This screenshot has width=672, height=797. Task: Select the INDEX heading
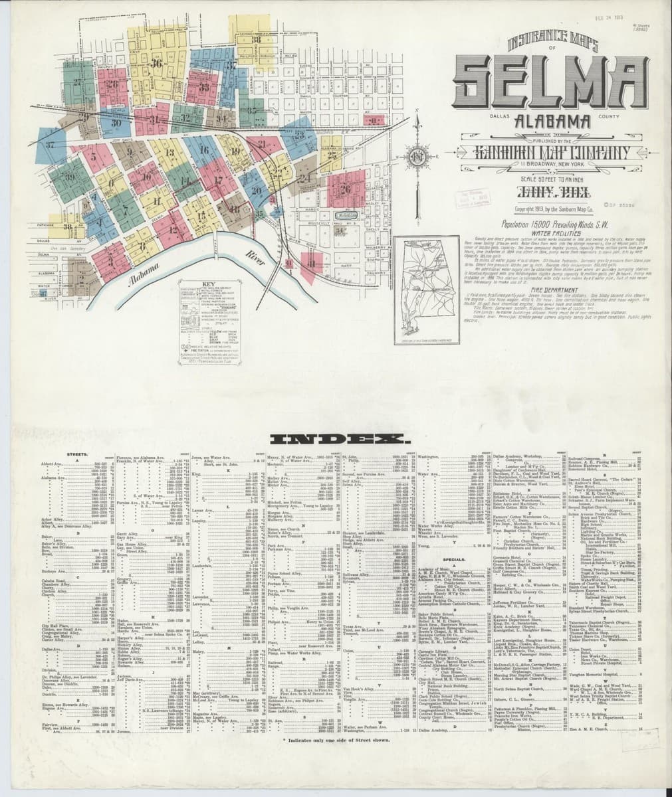336,440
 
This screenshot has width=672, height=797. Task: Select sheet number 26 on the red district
345,188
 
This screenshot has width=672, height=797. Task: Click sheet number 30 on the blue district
116,122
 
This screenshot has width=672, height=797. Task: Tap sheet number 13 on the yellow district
170,153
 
